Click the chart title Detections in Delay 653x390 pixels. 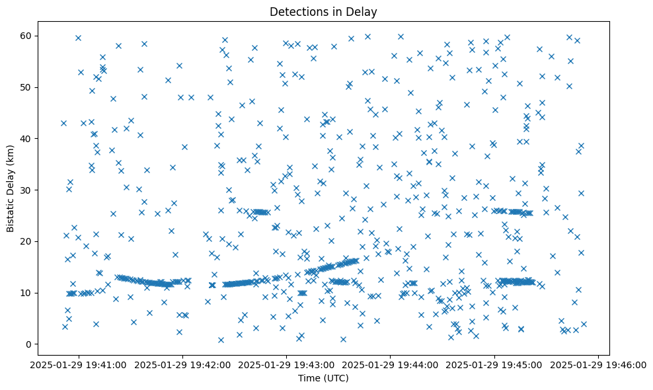323,11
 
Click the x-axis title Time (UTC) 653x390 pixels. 323,378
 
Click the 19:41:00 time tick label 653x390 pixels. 79,364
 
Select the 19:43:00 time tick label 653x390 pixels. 287,364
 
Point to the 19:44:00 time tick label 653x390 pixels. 391,364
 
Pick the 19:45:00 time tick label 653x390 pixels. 495,364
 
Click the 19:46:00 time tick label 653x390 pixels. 599,364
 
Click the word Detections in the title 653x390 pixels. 295,11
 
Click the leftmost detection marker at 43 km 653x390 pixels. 63,123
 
